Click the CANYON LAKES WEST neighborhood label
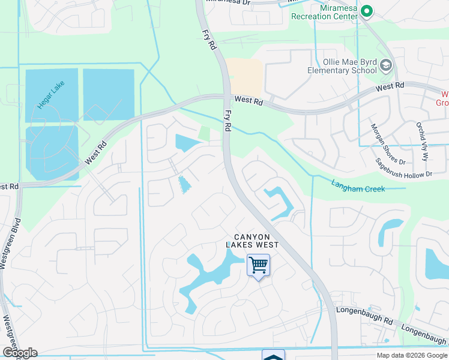252,241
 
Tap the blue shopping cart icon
258,265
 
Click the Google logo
20,353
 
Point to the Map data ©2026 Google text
412,355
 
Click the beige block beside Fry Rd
244,76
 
